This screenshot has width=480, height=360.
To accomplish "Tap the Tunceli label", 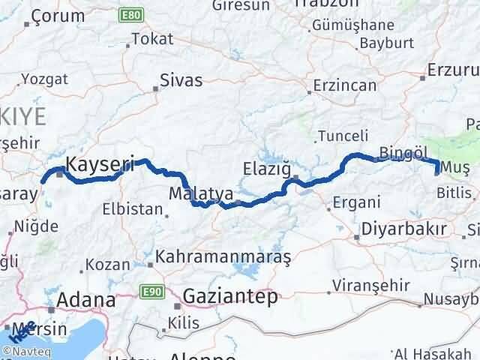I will coord(343,136).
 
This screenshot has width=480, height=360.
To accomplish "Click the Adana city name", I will coord(88,301).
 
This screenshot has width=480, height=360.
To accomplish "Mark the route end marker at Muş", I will coord(437,172).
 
